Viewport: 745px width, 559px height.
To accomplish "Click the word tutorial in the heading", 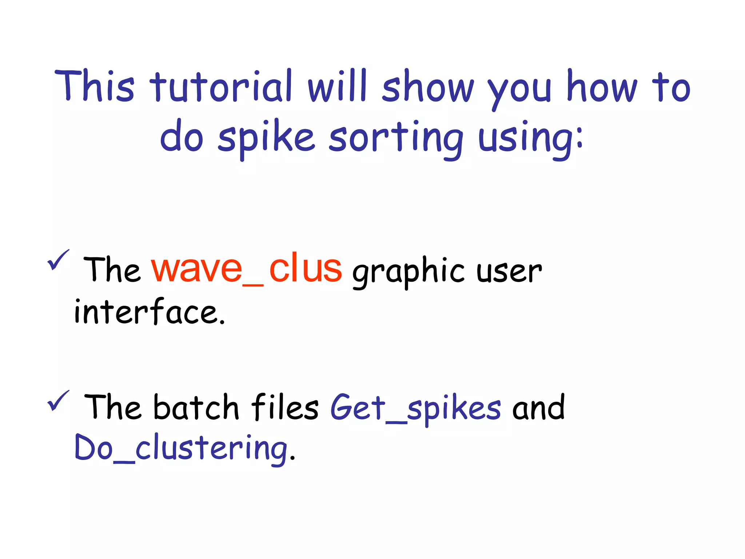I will [x=221, y=87].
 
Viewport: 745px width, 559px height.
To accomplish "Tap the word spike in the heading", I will [x=266, y=139].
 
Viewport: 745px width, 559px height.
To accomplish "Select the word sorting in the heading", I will [x=396, y=139].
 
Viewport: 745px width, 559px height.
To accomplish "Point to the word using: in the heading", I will [x=530, y=139].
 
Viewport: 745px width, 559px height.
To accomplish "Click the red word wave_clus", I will [x=246, y=269].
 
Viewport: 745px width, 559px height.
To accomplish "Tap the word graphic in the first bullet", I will [x=408, y=272].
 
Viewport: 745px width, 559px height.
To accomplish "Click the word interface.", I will [x=149, y=312].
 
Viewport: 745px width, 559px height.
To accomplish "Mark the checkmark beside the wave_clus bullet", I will [x=58, y=260].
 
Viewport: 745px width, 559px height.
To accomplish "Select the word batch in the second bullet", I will [x=196, y=408].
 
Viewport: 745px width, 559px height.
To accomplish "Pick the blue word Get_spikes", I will [x=415, y=408].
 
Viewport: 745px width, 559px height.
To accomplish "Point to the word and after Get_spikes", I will [x=538, y=408].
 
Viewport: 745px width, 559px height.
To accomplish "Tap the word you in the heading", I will [x=519, y=90].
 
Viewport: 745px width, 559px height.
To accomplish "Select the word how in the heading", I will [x=602, y=87].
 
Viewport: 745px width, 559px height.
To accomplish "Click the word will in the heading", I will [x=337, y=87].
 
